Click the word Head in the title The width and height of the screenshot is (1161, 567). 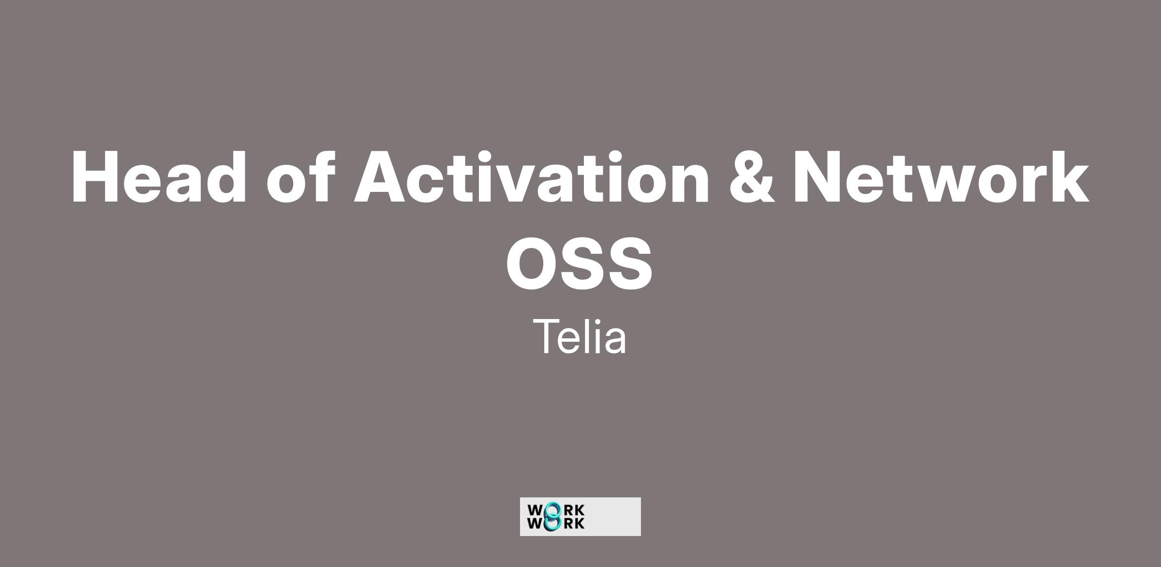coord(159,176)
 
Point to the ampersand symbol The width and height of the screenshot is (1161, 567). coord(751,176)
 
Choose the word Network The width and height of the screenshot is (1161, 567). coord(940,176)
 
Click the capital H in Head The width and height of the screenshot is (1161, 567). coord(95,177)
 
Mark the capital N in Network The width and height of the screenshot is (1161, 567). coord(818,177)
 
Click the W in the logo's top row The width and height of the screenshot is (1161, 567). coord(536,510)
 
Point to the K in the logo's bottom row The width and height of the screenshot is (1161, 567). coord(579,523)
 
